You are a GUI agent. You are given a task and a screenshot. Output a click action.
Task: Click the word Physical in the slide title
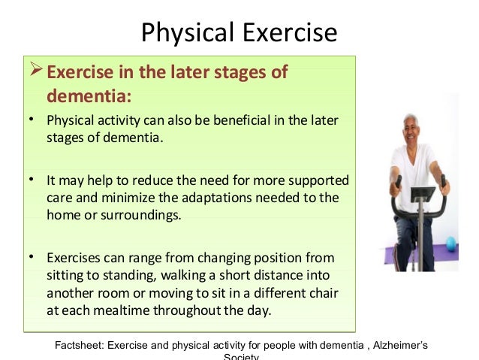187,33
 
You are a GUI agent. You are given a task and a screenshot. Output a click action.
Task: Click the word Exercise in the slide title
290,32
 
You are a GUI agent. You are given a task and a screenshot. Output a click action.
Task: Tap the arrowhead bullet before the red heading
36,69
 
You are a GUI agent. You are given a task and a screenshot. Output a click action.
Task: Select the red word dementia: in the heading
89,95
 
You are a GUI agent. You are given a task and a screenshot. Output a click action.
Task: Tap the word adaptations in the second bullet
216,198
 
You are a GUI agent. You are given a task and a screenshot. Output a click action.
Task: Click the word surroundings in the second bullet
141,215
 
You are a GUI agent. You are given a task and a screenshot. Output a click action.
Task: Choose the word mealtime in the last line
122,310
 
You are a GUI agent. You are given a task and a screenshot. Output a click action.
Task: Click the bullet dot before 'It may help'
32,179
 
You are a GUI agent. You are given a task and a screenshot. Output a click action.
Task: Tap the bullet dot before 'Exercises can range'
32,257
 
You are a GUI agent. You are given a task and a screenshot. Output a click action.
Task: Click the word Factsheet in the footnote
80,345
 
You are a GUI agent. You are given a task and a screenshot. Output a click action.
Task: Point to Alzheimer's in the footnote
400,345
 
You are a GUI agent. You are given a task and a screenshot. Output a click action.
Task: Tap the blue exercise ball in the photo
451,244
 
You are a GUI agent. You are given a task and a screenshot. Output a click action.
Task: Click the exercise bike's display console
423,194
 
